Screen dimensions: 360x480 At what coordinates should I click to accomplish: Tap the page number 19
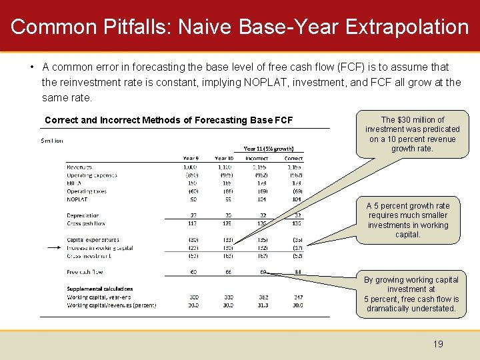click(438, 344)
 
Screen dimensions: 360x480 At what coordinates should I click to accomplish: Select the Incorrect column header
click(256, 158)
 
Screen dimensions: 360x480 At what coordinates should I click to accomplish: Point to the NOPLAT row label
click(77, 199)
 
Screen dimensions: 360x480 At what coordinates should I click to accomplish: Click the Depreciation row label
click(83, 215)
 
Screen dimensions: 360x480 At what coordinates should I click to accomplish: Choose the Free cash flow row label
click(85, 272)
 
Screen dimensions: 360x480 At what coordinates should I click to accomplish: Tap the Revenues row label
click(79, 167)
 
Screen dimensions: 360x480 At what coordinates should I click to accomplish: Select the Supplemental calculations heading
click(99, 289)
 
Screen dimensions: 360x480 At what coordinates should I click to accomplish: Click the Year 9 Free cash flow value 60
click(193, 272)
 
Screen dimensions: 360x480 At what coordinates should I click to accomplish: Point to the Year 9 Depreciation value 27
click(193, 215)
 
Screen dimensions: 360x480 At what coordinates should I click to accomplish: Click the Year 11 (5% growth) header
click(269, 148)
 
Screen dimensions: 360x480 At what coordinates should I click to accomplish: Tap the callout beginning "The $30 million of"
click(412, 134)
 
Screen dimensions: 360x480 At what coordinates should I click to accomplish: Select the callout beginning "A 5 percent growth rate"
click(407, 220)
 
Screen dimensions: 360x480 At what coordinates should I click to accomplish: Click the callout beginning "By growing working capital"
click(411, 294)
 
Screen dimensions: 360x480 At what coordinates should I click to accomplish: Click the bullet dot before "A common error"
click(32, 67)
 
